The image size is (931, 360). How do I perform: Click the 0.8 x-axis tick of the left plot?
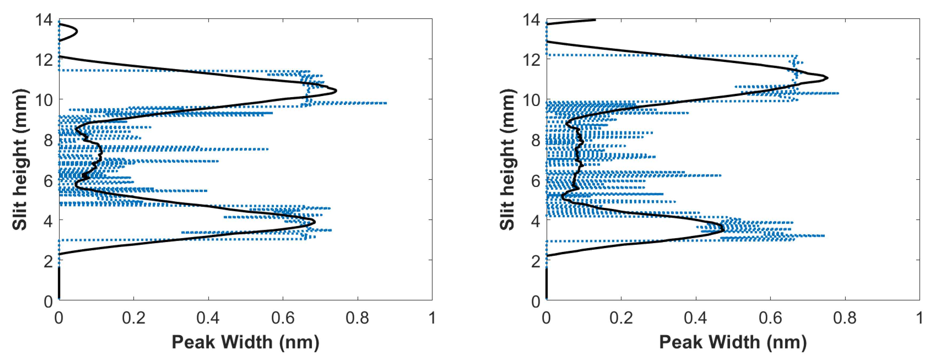357,318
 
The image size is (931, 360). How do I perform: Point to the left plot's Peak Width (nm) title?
245,342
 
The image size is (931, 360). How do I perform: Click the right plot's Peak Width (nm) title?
733,342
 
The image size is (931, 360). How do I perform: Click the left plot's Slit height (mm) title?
19,159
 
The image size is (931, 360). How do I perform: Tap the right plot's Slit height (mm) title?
507,159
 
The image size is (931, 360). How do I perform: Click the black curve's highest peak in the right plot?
827,78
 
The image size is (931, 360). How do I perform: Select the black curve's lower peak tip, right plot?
724,229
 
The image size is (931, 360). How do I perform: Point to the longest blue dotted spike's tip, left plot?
386,103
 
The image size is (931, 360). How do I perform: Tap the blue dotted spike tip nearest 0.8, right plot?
838,93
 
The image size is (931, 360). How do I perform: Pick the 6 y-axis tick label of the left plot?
48,181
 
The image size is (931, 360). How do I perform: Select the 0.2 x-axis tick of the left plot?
133,318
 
